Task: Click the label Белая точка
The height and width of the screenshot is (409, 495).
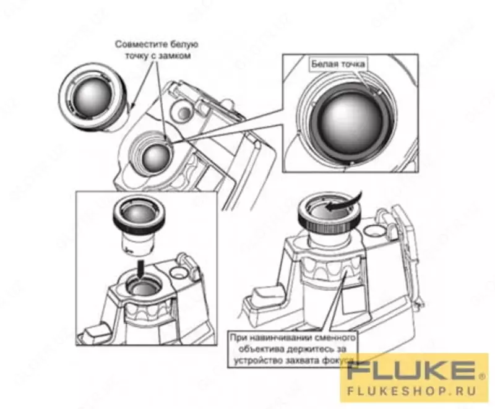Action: [x=338, y=64]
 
